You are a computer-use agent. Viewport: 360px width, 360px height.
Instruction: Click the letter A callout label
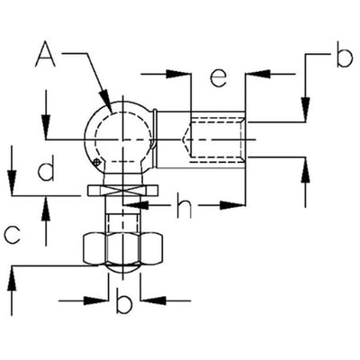(46, 54)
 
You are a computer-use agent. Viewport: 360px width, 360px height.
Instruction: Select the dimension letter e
(218, 78)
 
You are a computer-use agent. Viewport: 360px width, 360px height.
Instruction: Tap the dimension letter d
(46, 167)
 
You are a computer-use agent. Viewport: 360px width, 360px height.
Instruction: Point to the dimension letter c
(13, 235)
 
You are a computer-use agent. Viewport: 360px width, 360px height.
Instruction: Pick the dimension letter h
(184, 205)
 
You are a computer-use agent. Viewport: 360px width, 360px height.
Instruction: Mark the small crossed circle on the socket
(96, 162)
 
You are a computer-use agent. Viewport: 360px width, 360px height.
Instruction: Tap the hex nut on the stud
(123, 248)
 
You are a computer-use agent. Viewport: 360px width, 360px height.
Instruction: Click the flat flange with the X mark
(122, 191)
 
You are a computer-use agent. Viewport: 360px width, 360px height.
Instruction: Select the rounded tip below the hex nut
(123, 269)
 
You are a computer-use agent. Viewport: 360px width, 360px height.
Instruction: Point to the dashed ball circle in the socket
(123, 138)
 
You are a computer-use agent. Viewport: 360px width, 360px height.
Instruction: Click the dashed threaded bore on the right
(217, 139)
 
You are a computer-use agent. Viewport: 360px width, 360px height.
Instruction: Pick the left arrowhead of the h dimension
(136, 205)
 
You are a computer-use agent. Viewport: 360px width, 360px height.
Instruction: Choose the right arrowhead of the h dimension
(233, 205)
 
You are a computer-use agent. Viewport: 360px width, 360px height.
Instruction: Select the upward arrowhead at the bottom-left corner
(12, 278)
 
